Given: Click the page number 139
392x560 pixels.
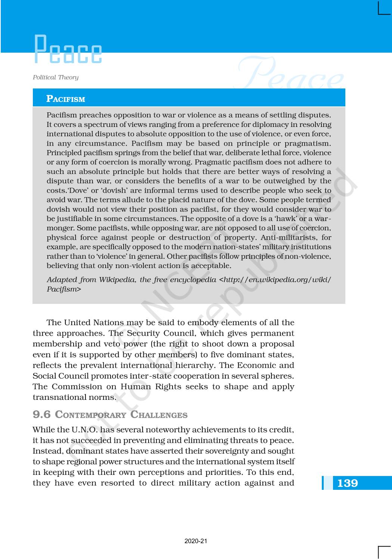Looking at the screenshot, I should pyautogui.click(x=347, y=483).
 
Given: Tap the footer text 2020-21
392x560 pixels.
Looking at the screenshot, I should pyautogui.click(x=196, y=541).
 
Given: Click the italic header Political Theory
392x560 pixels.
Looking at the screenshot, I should pyautogui.click(x=56, y=77).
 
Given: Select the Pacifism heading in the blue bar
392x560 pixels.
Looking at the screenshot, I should pyautogui.click(x=66, y=99).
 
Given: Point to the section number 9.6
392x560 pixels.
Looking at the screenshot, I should pyautogui.click(x=41, y=414).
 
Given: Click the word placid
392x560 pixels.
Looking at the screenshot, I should pyautogui.click(x=172, y=200).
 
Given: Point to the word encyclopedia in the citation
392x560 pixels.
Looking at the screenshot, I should pyautogui.click(x=193, y=280).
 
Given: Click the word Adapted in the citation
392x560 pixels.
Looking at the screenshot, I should pyautogui.click(x=60, y=280).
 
